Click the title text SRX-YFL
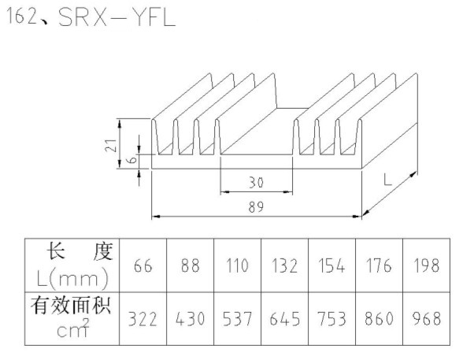(117, 17)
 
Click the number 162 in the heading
(22, 16)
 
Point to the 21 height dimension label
(111, 145)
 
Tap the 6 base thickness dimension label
(133, 160)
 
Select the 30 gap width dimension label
(257, 183)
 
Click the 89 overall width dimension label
(257, 207)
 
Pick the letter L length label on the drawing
(387, 180)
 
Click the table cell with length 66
(143, 265)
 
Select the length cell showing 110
(237, 265)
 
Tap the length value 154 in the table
(331, 265)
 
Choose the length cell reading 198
(426, 265)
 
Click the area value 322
(143, 319)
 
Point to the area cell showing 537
(237, 319)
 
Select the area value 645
(284, 319)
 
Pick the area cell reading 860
(379, 319)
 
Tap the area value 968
(426, 319)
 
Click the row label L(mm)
(72, 279)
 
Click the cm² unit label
(72, 328)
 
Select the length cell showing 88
(191, 265)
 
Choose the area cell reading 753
(331, 319)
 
